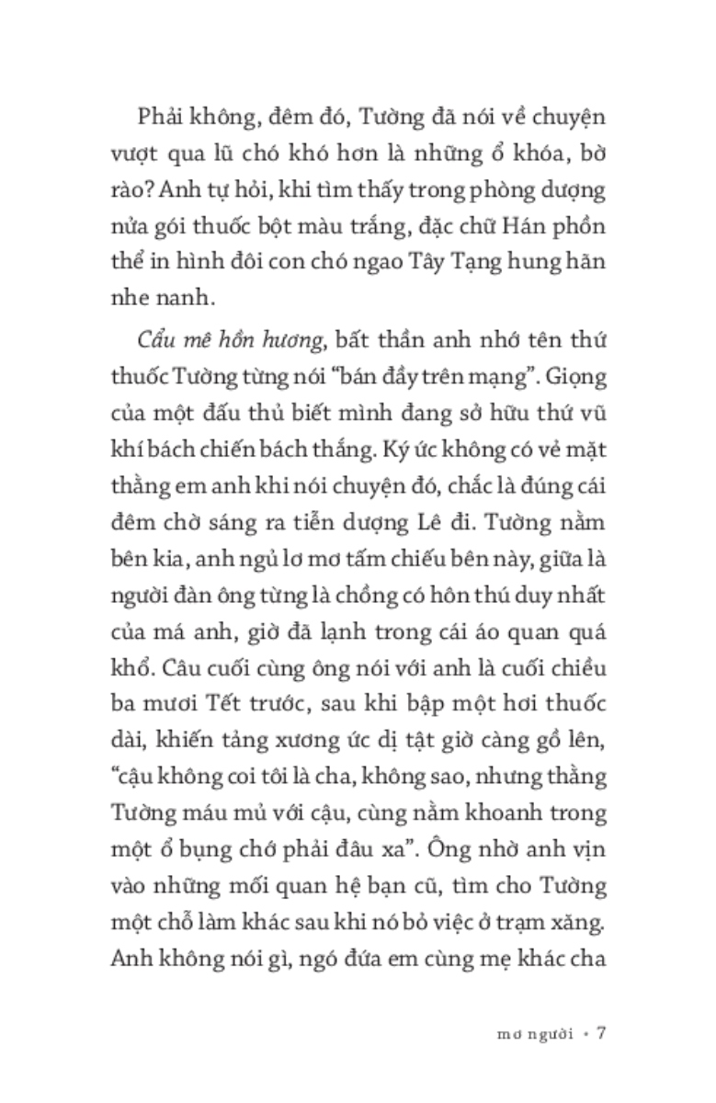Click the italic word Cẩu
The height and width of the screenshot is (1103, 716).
pyautogui.click(x=138, y=342)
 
